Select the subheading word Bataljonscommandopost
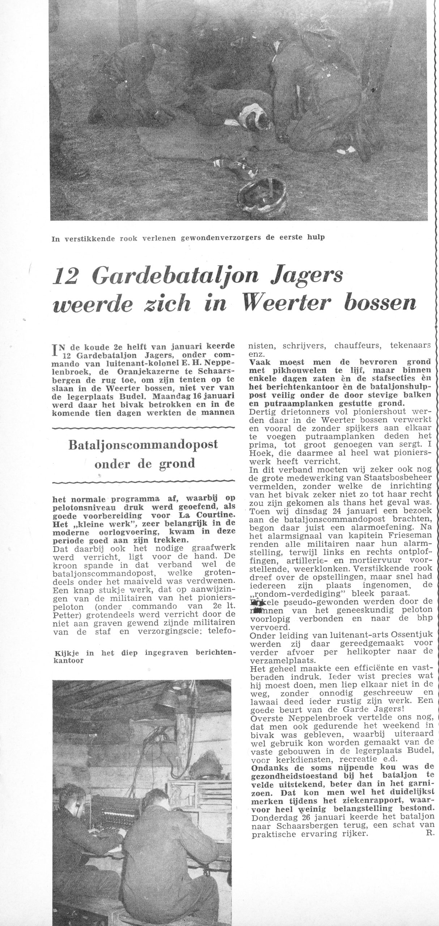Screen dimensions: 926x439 coord(144,445)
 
